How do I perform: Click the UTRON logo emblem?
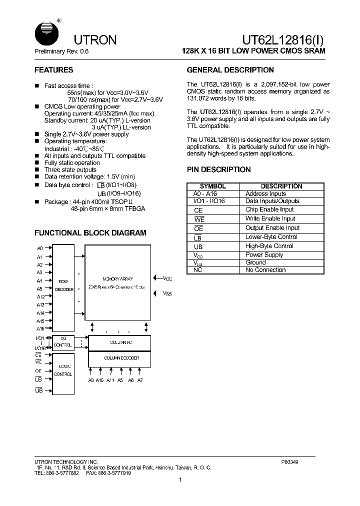click(46, 33)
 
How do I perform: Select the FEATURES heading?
click(53, 70)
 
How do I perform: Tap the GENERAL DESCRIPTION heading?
click(230, 70)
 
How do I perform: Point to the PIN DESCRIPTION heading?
click(218, 169)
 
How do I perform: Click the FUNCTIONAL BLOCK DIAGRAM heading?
click(90, 233)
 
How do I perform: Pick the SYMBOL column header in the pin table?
click(213, 186)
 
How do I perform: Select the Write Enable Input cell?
click(270, 218)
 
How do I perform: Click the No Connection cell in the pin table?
click(265, 270)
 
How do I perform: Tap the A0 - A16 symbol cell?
click(205, 193)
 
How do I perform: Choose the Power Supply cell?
click(264, 254)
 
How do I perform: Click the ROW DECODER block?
click(63, 285)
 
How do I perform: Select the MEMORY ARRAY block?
click(117, 282)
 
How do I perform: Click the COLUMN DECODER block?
click(119, 358)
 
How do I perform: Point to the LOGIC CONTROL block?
click(63, 370)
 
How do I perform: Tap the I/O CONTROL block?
click(63, 342)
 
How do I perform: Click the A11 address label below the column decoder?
click(110, 380)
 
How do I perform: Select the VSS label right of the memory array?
click(167, 294)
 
